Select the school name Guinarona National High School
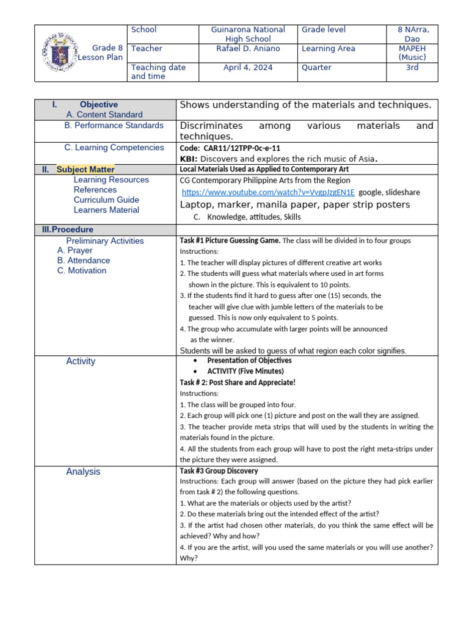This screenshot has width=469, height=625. [x=247, y=34]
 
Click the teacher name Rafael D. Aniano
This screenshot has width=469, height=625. [x=247, y=49]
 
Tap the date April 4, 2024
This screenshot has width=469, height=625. [x=247, y=68]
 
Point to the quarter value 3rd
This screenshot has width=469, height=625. [x=412, y=68]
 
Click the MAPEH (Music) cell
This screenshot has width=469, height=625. [x=412, y=53]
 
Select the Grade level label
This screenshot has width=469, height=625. [x=323, y=30]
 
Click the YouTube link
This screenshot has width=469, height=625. [x=267, y=192]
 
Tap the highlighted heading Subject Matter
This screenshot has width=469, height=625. [x=85, y=170]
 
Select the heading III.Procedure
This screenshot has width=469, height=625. [x=64, y=229]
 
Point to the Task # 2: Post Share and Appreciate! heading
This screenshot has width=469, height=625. [x=238, y=383]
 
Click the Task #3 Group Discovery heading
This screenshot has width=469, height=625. [x=219, y=471]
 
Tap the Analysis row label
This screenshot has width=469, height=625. [x=83, y=472]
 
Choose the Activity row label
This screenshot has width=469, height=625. [x=81, y=361]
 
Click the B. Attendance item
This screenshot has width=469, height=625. [x=84, y=261]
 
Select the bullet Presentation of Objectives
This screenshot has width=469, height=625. [x=249, y=361]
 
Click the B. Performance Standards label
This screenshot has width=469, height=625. [x=114, y=126]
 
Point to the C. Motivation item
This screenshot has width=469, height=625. [x=82, y=271]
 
